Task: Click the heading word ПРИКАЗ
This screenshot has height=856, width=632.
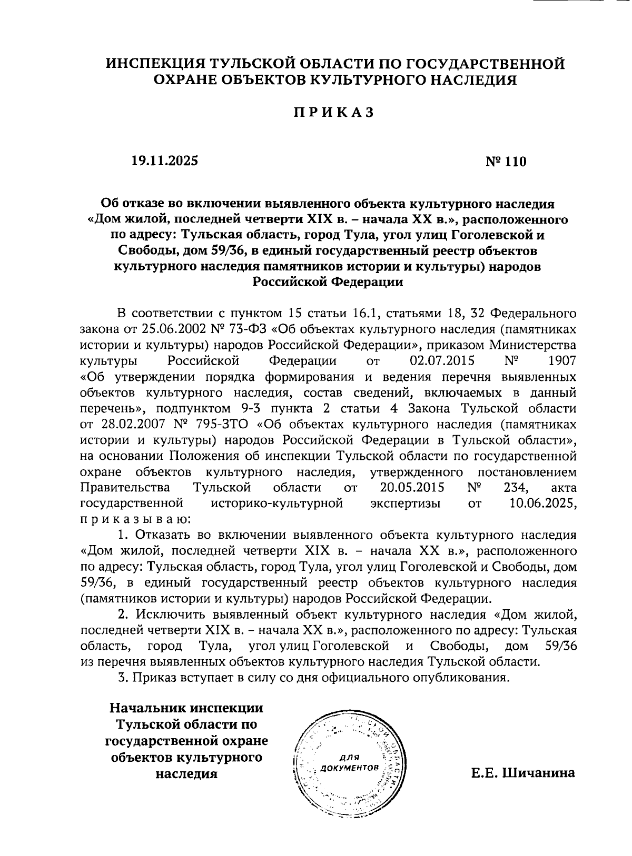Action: click(333, 113)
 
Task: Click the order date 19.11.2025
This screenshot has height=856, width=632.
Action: click(165, 160)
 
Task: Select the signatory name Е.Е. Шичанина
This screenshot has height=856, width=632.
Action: click(522, 773)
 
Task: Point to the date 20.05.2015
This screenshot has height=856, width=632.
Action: click(411, 487)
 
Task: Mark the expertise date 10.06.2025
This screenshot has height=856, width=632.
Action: click(542, 503)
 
